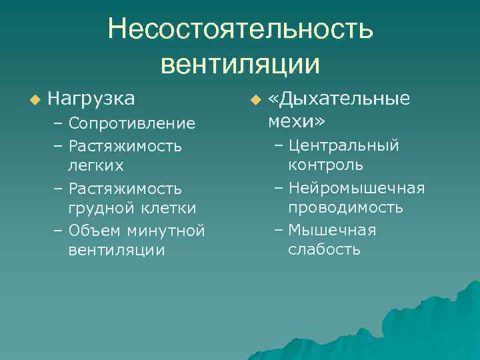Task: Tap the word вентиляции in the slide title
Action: (240, 64)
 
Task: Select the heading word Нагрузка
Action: (91, 99)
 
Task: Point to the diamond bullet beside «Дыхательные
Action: (253, 100)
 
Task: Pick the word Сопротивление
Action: (131, 123)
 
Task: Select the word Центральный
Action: (344, 145)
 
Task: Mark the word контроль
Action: (325, 164)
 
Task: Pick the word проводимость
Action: (345, 207)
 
